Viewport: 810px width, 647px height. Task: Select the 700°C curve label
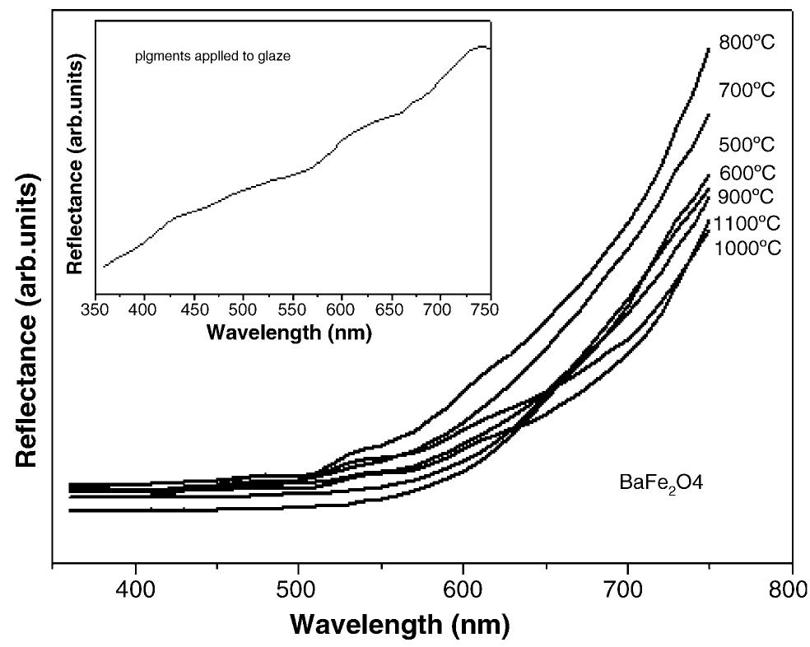pos(746,90)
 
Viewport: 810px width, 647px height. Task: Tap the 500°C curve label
pos(746,145)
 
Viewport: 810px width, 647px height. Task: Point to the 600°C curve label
pos(746,173)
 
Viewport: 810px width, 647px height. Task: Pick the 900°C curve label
pos(746,197)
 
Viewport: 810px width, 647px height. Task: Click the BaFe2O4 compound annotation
pos(659,483)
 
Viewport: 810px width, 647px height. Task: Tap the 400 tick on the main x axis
pos(135,590)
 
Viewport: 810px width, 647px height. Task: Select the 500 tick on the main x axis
pos(299,590)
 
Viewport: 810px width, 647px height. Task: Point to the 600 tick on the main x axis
pos(463,590)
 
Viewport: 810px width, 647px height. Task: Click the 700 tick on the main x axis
pos(628,590)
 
